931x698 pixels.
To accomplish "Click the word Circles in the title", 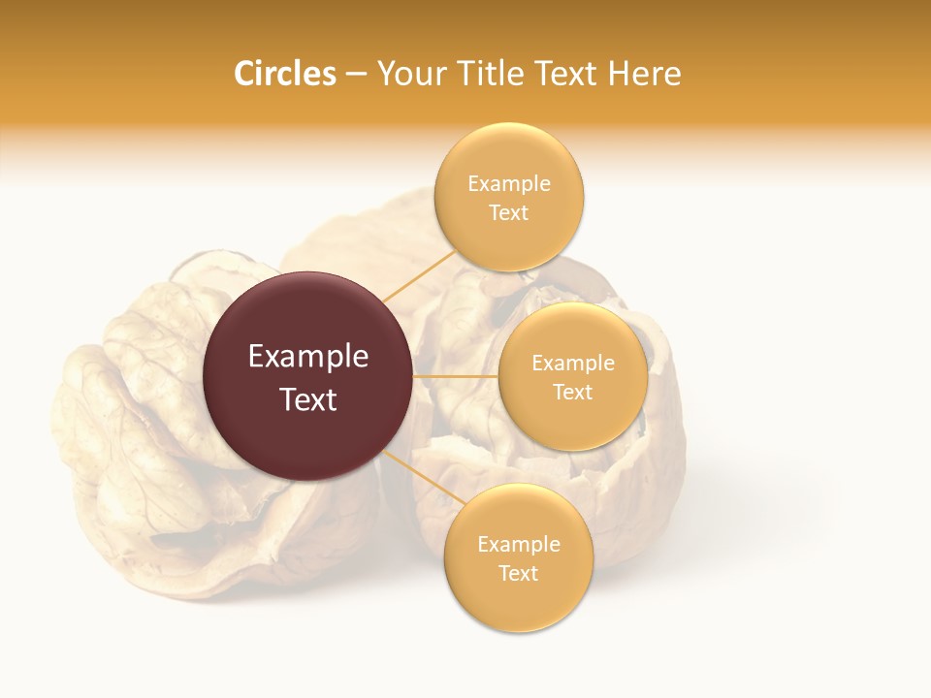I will point(284,74).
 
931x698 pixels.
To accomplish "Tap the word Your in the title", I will point(410,74).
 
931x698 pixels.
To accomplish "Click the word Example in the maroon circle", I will point(307,357).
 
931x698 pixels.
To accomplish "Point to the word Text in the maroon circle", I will point(307,399).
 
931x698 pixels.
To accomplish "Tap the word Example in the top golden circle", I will point(509,184).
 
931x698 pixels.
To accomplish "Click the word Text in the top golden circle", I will point(509,212).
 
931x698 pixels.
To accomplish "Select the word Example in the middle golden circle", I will point(573,364).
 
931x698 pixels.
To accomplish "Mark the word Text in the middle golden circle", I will point(573,392).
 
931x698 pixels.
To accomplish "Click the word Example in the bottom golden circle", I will point(518,545).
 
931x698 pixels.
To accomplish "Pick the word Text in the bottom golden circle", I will point(518,573).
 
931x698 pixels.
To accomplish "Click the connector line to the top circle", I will point(419,274).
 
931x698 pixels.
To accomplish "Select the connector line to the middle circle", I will point(455,376).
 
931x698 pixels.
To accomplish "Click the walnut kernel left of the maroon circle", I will point(126,417).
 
